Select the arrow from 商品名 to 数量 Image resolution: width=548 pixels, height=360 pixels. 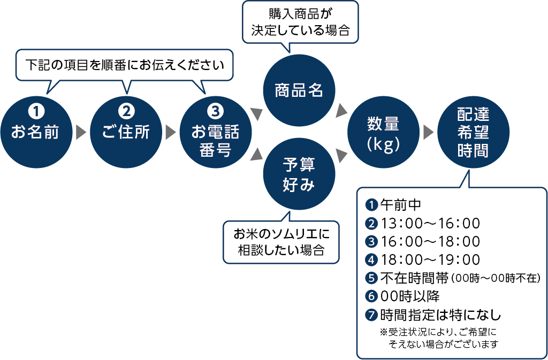(x=341, y=111)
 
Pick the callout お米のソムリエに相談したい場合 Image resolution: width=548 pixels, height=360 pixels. (x=281, y=241)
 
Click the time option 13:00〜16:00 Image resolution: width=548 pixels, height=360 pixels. (x=430, y=223)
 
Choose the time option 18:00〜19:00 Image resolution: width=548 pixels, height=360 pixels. (x=430, y=259)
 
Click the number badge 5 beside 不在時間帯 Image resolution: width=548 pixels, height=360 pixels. (x=371, y=278)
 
